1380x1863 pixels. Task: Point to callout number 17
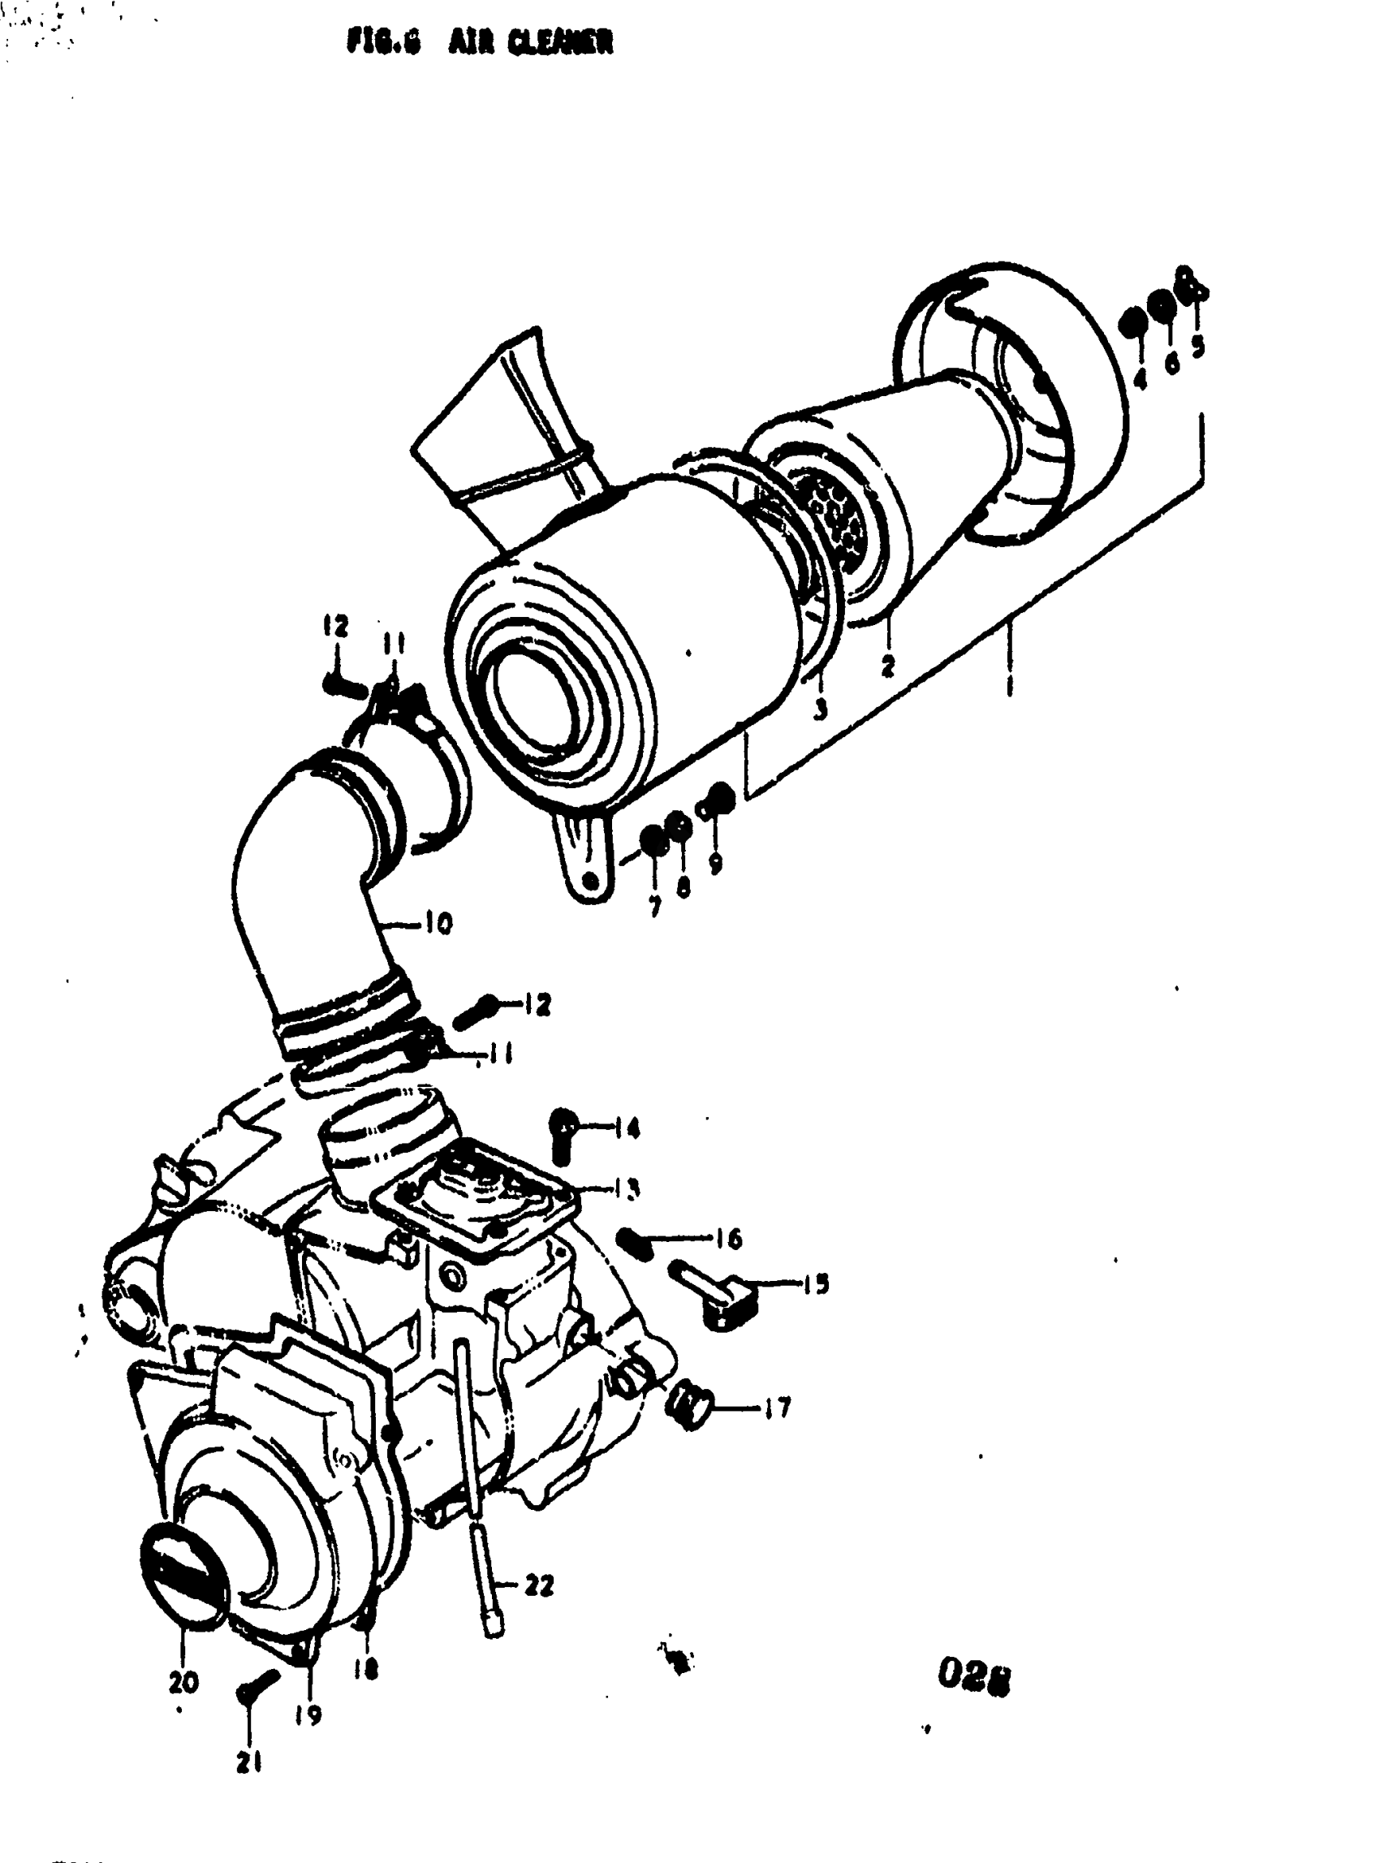pyautogui.click(x=776, y=1409)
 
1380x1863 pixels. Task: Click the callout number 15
pyautogui.click(x=815, y=1284)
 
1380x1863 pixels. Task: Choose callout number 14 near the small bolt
pyautogui.click(x=626, y=1129)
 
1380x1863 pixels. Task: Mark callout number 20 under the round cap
pyautogui.click(x=183, y=1683)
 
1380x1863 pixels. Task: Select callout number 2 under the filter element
pyautogui.click(x=887, y=666)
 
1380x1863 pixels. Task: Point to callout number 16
pyautogui.click(x=728, y=1238)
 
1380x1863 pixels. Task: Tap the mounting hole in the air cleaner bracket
pyautogui.click(x=593, y=881)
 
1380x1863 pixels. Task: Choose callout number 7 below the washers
pyautogui.click(x=654, y=907)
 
